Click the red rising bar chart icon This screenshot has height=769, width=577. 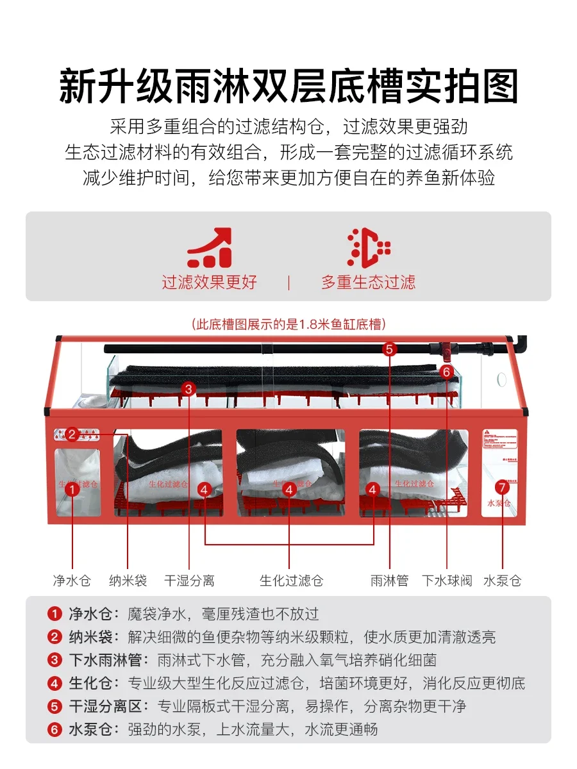tap(209, 248)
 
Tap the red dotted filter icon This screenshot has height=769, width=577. tap(368, 248)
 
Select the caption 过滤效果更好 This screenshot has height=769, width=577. tap(209, 283)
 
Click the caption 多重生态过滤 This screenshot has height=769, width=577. tap(368, 283)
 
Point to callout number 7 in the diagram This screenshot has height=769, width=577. tap(502, 487)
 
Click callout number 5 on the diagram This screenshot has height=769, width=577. tap(390, 349)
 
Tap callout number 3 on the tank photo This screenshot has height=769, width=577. tap(188, 388)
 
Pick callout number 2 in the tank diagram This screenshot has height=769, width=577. tap(72, 435)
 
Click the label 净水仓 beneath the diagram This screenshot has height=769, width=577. tap(72, 581)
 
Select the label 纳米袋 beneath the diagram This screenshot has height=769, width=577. tap(128, 581)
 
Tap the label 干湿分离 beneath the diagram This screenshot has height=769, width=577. tap(189, 581)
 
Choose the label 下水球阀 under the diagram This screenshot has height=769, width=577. tap(447, 581)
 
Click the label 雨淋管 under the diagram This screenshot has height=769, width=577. tap(389, 581)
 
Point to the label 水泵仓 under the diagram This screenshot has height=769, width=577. tap(502, 581)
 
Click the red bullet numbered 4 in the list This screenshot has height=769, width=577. tap(54, 682)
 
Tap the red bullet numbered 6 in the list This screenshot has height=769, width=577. tap(54, 729)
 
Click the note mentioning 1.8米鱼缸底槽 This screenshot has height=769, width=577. tap(288, 324)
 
